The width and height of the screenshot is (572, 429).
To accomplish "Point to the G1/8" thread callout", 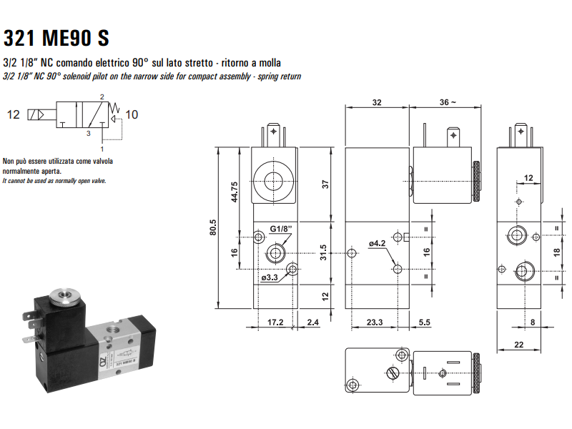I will click(281, 230).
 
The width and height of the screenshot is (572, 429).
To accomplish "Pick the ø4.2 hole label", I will click(377, 243).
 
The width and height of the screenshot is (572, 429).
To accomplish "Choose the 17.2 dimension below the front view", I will click(275, 322).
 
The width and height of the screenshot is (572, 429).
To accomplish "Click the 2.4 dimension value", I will click(312, 322).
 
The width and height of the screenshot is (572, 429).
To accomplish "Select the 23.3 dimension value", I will click(375, 322).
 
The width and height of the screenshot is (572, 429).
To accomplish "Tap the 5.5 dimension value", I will click(423, 322).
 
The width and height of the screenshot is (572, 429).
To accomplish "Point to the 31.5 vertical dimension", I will click(323, 252).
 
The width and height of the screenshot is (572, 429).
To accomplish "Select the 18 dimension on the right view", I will click(557, 252).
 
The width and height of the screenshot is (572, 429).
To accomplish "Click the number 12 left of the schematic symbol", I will click(14, 114).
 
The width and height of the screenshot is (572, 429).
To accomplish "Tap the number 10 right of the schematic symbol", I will click(132, 114).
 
